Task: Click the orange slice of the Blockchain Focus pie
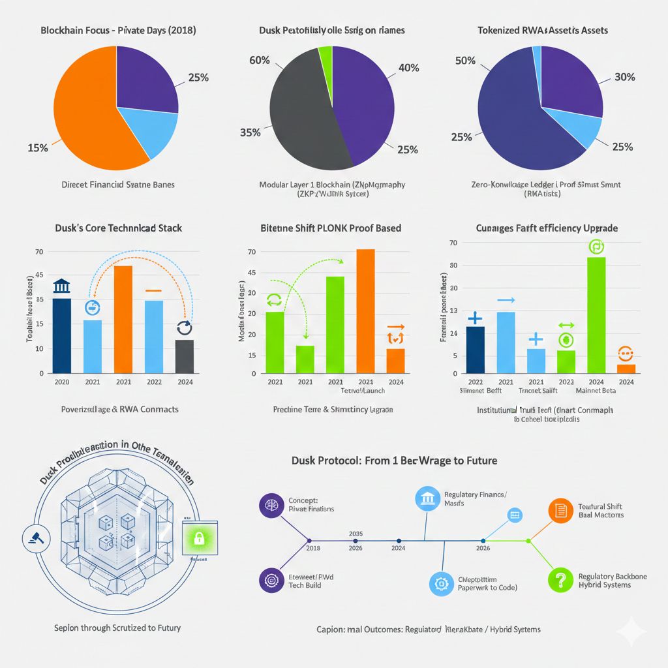pos(85,111)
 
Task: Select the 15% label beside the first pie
pos(37,148)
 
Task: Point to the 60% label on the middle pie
pos(260,61)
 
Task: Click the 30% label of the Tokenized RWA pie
pos(624,77)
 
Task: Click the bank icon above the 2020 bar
pos(62,286)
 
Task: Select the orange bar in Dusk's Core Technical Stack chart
pos(123,319)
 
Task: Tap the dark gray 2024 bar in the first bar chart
pos(185,356)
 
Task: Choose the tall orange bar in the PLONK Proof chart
pos(365,311)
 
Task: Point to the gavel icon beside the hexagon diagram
pos(32,537)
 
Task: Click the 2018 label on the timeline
pos(313,549)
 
